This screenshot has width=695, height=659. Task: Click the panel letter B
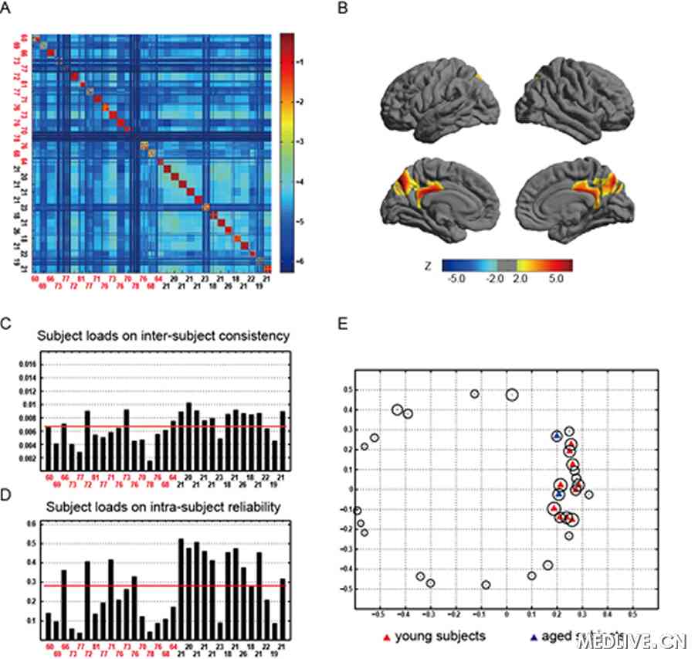pyautogui.click(x=364, y=9)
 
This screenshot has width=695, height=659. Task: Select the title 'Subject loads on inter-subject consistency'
pyautogui.click(x=168, y=336)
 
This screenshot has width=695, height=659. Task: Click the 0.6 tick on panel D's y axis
pyautogui.click(x=31, y=525)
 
